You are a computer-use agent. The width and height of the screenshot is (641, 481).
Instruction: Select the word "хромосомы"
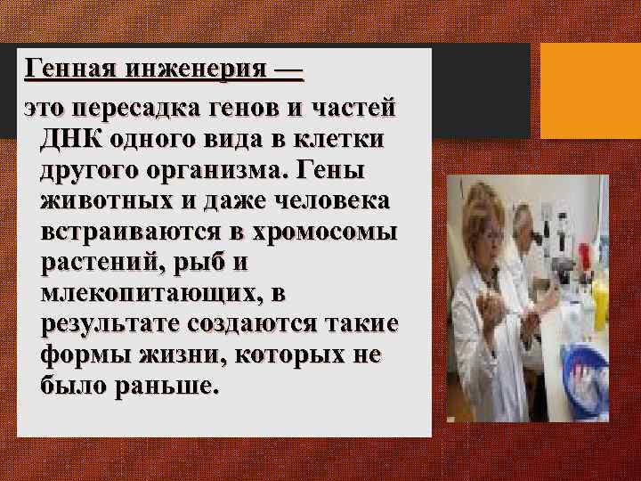(x=329, y=232)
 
